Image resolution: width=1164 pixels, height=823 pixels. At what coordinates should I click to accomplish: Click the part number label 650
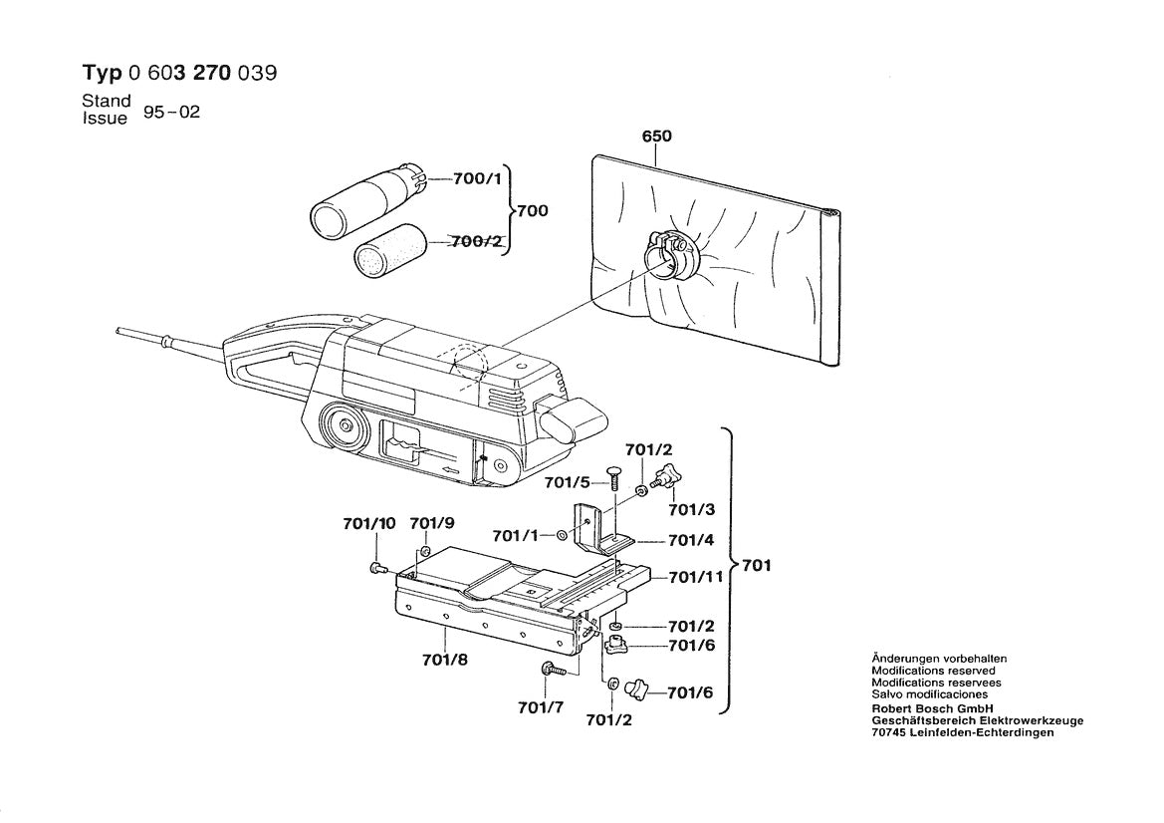[656, 137]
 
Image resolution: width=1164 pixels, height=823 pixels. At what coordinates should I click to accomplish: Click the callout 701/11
[695, 576]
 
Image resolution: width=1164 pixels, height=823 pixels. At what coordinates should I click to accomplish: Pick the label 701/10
[369, 524]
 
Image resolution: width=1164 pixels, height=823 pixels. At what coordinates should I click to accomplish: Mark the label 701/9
[432, 524]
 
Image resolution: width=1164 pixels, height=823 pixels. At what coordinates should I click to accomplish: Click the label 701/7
[541, 708]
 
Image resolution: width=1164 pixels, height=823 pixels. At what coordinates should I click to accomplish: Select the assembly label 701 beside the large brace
[757, 566]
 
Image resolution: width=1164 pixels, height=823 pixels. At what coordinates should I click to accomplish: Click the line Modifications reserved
[933, 672]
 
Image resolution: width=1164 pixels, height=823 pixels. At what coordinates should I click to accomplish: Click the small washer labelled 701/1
[563, 536]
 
